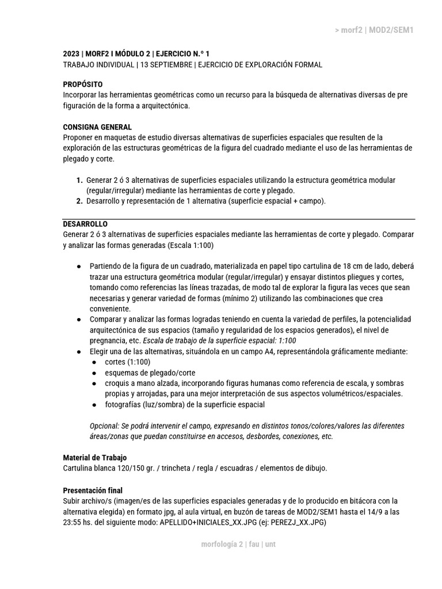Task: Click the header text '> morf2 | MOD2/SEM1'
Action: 374,30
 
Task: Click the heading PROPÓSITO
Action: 83,85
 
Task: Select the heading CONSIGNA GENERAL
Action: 97,127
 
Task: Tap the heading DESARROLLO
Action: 85,224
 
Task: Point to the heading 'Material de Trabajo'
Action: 95,458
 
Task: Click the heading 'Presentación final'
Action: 93,491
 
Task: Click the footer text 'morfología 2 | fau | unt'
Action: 238,544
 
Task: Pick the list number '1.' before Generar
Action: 79,181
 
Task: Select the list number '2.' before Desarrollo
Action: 79,201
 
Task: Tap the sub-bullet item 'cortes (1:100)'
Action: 128,362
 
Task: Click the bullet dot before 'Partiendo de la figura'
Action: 79,267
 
